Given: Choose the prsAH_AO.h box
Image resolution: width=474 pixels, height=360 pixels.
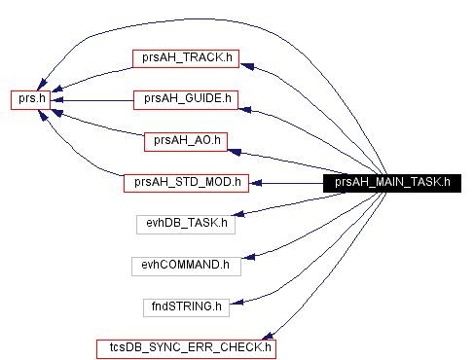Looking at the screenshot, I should [185, 140].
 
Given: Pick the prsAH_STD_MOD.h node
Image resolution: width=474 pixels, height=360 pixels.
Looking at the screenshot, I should [186, 182].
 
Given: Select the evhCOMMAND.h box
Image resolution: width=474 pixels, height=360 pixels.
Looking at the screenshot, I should [186, 264].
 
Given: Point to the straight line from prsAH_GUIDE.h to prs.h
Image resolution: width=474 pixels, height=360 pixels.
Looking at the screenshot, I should [92, 98].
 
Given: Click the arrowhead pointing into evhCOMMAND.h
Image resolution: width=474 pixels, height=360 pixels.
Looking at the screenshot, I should [249, 258].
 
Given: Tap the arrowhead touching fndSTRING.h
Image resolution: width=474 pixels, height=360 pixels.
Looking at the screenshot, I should [235, 298].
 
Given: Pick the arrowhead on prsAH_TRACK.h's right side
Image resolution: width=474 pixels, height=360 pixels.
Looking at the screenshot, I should [247, 66].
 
